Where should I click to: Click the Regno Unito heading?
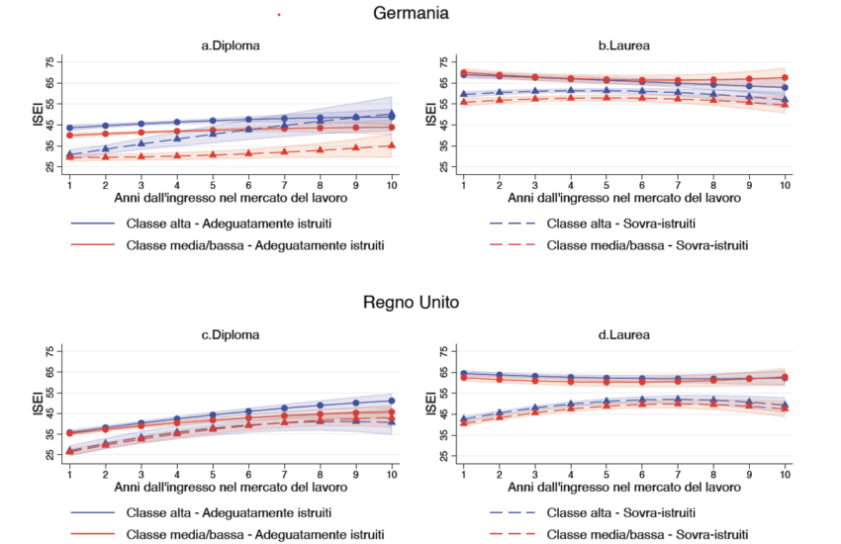tap(411, 302)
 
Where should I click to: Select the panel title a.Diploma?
tap(231, 45)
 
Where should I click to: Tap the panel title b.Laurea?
tap(623, 45)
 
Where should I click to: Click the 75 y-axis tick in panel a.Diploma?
tap(50, 62)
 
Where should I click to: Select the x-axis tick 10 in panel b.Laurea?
tap(785, 185)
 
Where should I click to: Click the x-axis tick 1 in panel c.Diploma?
tap(69, 473)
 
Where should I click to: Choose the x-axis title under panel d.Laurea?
tap(623, 486)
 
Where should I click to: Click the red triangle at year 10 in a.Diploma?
tap(392, 145)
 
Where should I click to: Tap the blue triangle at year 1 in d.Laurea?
tap(464, 419)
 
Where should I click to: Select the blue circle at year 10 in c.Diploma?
tap(392, 401)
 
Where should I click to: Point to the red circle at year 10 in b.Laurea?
tap(785, 77)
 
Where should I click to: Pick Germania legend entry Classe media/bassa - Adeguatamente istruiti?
tap(255, 244)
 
